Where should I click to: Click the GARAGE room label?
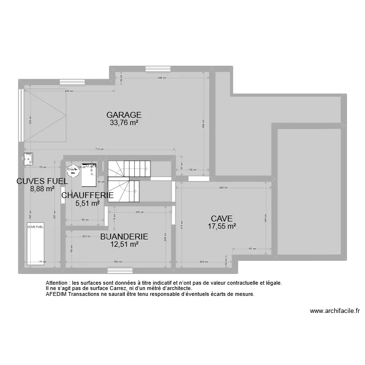[124, 115]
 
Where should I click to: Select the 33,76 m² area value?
[124, 123]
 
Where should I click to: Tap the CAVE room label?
[221, 219]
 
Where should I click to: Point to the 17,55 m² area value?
[221, 226]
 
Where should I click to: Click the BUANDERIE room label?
[124, 237]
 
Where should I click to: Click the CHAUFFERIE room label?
[88, 196]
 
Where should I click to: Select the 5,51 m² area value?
[88, 203]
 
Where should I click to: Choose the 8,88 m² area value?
[42, 190]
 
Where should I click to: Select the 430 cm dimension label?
[70, 91]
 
